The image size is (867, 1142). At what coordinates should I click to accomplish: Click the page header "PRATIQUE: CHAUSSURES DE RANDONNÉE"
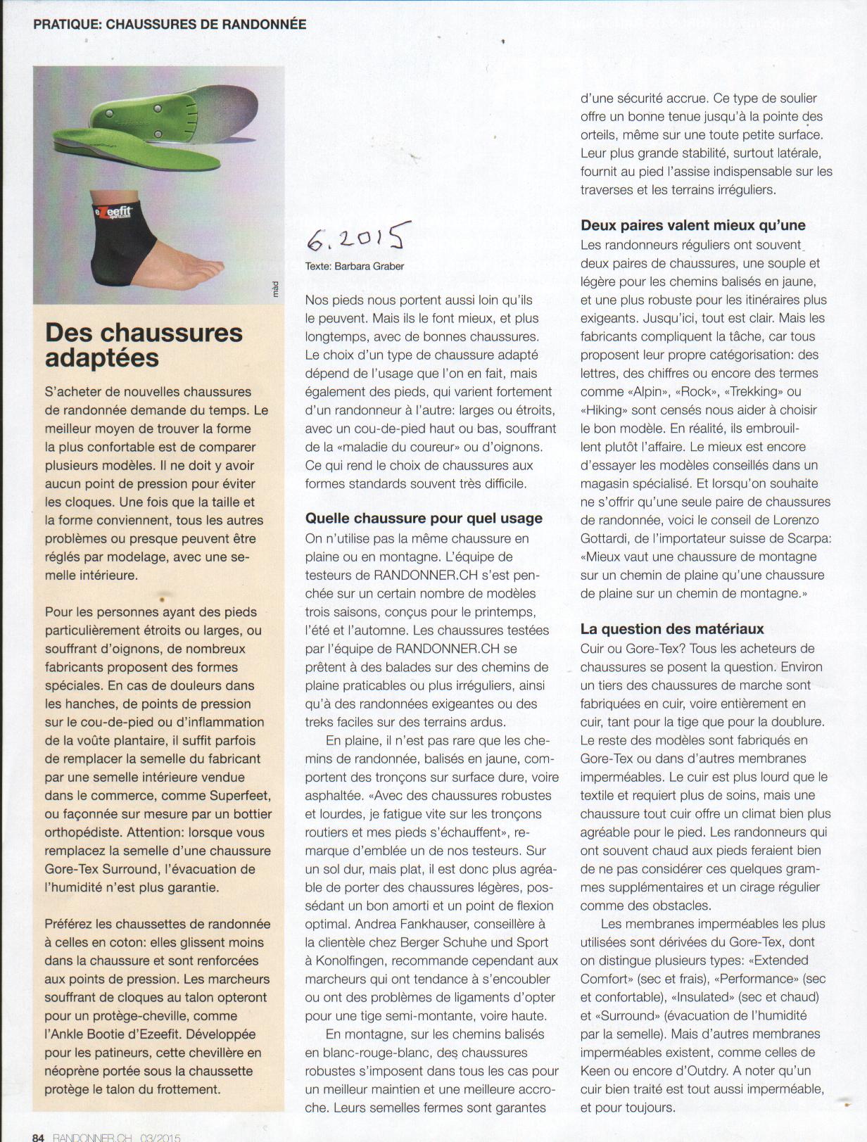(170, 24)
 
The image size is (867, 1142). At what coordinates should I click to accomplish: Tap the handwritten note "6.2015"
(358, 238)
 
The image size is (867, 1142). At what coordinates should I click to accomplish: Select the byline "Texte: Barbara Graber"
(355, 266)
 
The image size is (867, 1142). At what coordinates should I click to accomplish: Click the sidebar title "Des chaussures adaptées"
(144, 345)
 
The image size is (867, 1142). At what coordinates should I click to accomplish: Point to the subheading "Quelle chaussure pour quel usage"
(424, 519)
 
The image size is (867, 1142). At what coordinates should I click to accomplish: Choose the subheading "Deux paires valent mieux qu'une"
(693, 225)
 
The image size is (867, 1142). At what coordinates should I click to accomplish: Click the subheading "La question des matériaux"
(672, 629)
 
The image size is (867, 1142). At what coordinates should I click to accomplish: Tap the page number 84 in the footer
(39, 1136)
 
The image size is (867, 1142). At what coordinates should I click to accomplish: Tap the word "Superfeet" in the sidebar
(240, 796)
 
